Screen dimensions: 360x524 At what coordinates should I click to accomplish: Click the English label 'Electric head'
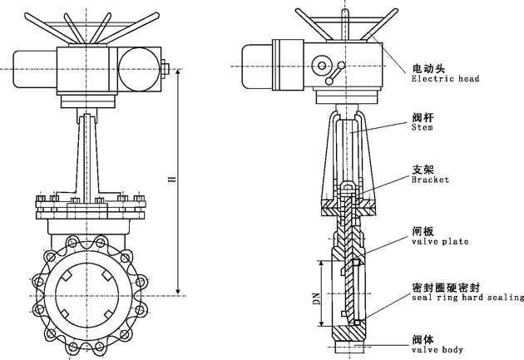(445, 79)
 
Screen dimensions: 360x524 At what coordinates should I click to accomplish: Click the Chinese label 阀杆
(423, 117)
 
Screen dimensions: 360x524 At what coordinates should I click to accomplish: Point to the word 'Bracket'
(430, 180)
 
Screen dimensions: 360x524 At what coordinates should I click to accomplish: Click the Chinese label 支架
(423, 168)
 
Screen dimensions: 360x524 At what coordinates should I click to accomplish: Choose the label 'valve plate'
(440, 242)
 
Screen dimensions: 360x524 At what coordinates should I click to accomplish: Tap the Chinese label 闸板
(423, 230)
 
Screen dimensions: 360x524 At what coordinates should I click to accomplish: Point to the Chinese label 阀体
(423, 338)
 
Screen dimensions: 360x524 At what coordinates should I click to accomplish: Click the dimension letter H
(171, 180)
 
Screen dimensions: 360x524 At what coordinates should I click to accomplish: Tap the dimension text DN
(317, 298)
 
